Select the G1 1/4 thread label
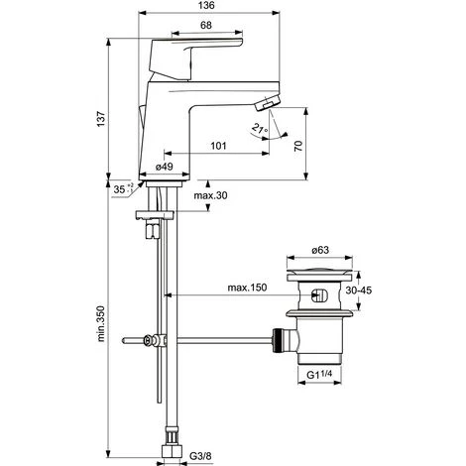323,374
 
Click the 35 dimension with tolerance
121,185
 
